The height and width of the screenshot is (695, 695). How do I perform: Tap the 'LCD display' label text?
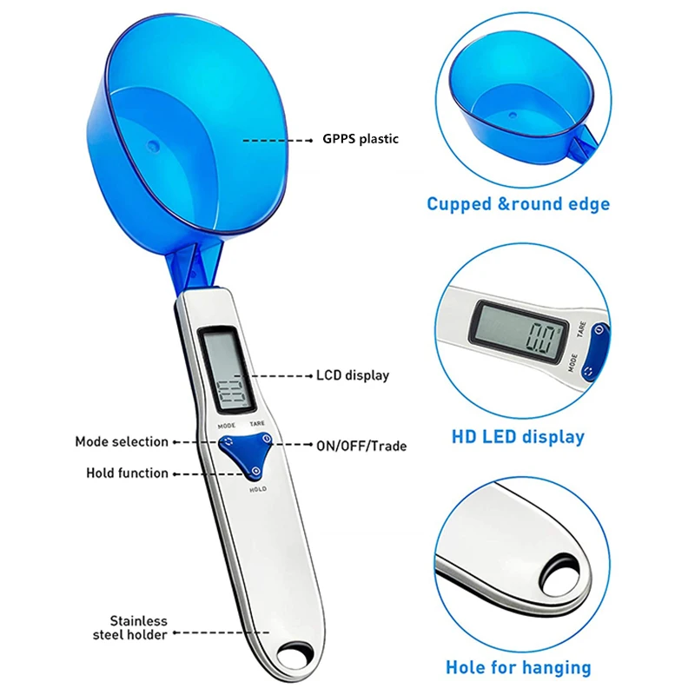(x=352, y=376)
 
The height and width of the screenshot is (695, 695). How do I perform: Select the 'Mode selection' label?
(x=122, y=441)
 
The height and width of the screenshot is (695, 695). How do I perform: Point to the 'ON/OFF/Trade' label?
(x=361, y=446)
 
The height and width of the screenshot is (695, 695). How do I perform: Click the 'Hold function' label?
(x=127, y=473)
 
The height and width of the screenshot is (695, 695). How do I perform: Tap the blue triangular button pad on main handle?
(x=243, y=454)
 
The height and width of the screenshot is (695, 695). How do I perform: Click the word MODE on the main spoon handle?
(x=227, y=425)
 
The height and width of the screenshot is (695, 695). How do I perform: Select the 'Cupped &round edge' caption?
(x=518, y=205)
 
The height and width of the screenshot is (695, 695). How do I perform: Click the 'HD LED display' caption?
(x=517, y=437)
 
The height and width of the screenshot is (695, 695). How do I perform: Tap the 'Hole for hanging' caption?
(x=518, y=668)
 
